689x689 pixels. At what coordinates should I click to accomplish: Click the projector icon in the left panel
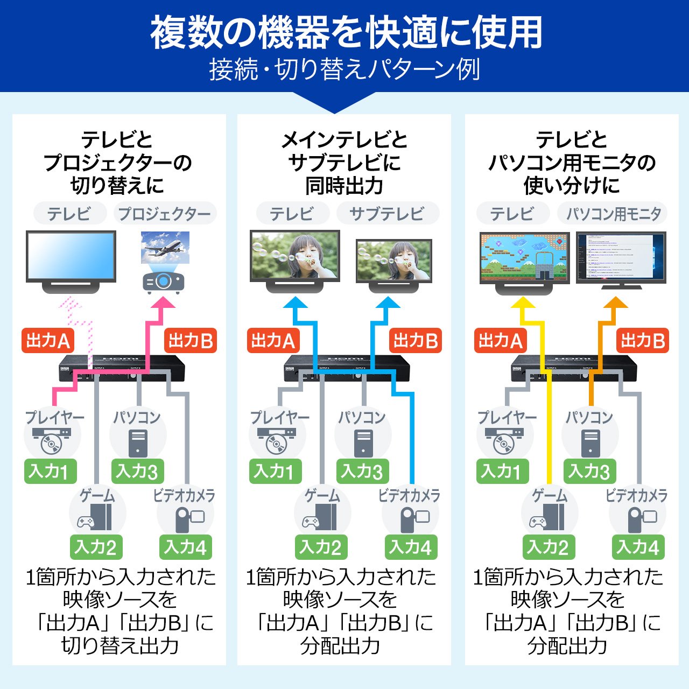[x=164, y=282]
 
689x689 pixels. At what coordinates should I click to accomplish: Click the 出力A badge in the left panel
[x=48, y=341]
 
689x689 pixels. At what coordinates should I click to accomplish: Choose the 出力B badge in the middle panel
[x=415, y=341]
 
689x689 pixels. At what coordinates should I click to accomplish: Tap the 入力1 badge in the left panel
[x=51, y=471]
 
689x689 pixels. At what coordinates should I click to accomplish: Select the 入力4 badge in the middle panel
[x=411, y=547]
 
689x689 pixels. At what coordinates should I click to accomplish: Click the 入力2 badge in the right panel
[x=549, y=547]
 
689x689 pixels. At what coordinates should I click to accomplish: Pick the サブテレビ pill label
[x=388, y=214]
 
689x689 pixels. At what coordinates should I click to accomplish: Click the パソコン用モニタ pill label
[x=613, y=214]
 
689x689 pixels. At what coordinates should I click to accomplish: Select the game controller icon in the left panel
[x=87, y=521]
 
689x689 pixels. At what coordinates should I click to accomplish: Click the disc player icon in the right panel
[x=504, y=440]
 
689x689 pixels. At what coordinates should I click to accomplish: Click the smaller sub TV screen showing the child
[x=393, y=261]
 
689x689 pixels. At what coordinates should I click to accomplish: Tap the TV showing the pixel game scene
[x=524, y=257]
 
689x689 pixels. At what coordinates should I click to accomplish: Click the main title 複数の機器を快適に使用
[x=344, y=32]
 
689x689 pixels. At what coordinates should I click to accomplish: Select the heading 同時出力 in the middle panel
[x=344, y=186]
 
